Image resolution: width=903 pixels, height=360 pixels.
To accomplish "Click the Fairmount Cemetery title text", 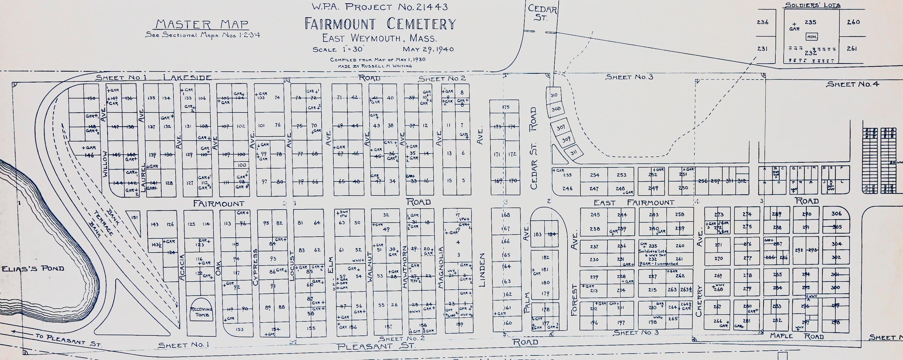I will click(x=380, y=24).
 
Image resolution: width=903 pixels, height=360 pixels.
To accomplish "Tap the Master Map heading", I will click(x=202, y=24).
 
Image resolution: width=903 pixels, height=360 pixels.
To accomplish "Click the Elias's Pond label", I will click(x=33, y=269).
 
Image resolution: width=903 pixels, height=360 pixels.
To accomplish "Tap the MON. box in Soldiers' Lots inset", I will click(x=812, y=37).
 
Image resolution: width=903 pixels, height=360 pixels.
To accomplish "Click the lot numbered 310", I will click(x=553, y=95).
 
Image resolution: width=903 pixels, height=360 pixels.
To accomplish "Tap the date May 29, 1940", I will click(x=428, y=49).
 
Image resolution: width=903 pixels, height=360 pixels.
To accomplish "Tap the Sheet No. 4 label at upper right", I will click(x=852, y=84).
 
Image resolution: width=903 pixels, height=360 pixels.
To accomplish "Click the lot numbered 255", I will click(x=567, y=175).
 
